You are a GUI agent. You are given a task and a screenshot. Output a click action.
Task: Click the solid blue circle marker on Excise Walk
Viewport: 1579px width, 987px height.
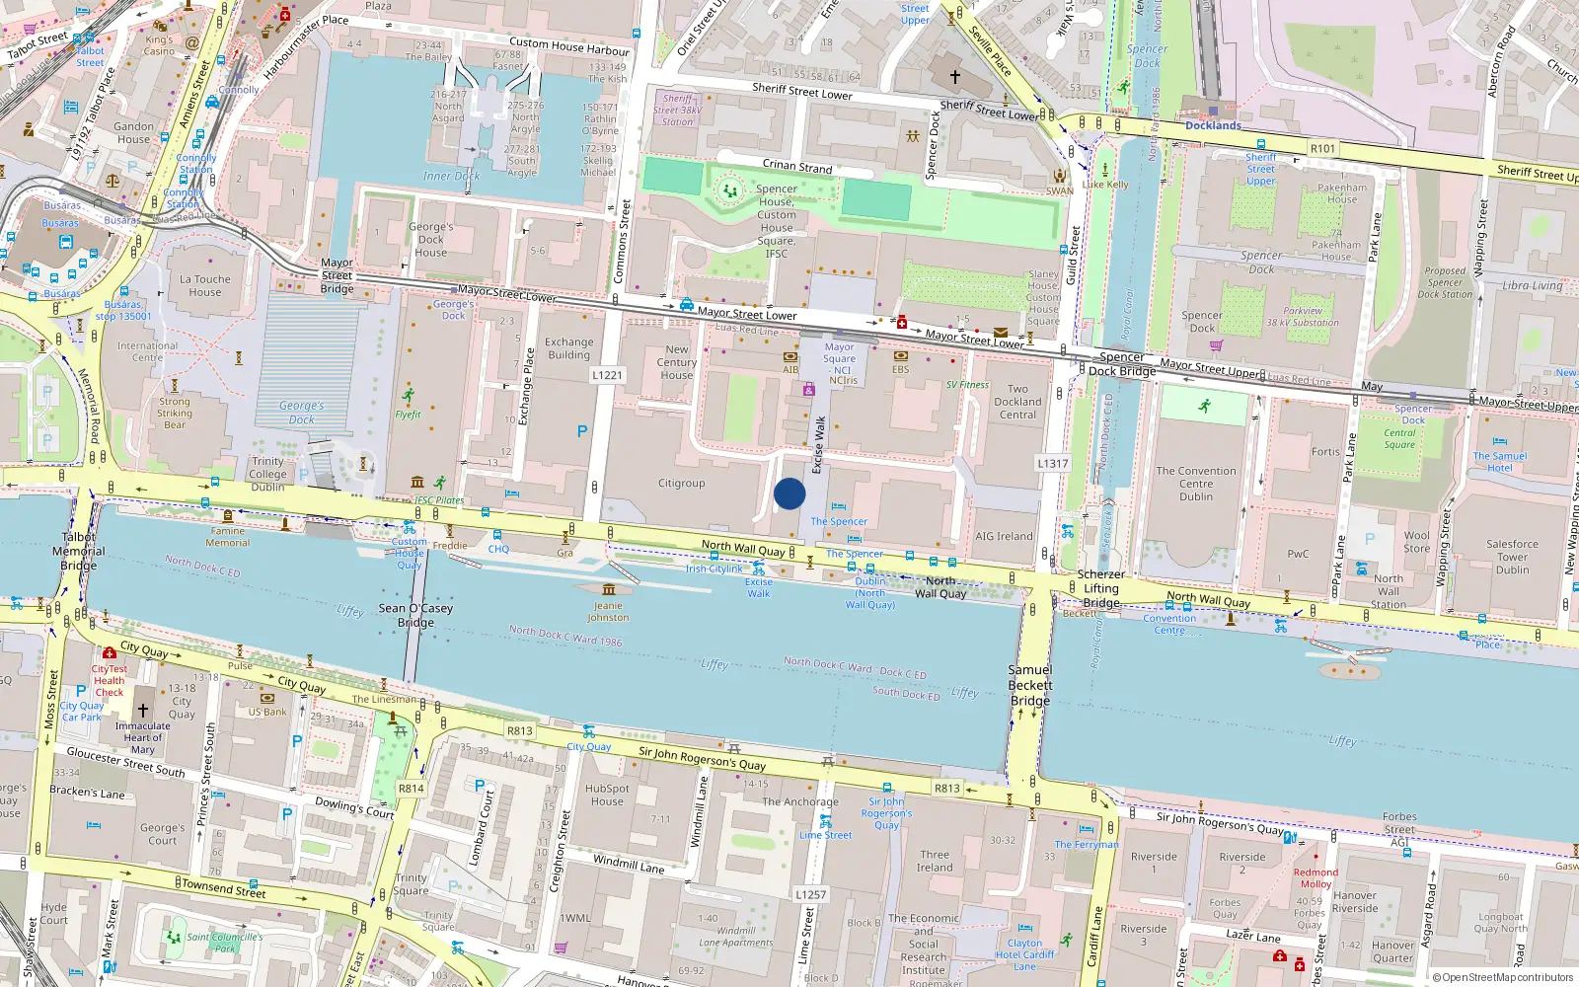789,493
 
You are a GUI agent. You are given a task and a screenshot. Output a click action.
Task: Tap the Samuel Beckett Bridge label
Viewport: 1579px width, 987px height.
1030,685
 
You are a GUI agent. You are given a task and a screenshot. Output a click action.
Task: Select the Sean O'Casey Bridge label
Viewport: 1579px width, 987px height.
415,615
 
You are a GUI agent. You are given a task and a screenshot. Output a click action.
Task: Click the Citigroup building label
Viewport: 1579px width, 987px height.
682,484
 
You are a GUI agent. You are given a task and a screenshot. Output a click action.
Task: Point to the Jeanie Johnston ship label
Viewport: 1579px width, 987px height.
608,611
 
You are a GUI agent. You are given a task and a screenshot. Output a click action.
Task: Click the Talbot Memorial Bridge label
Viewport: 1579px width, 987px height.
78,552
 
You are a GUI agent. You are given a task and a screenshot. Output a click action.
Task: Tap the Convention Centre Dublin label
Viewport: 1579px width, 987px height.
1196,484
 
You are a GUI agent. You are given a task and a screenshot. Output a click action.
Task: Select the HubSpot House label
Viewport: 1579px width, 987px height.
607,795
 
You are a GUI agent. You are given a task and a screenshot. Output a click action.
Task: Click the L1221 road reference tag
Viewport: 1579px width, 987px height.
608,375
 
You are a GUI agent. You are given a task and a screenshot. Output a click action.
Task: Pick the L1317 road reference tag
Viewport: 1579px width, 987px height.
1053,463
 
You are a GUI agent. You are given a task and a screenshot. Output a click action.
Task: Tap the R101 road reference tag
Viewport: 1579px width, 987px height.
1322,149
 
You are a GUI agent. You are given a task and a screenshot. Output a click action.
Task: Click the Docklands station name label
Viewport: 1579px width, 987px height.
1213,125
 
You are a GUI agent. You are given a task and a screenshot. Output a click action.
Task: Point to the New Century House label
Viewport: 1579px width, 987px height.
677,362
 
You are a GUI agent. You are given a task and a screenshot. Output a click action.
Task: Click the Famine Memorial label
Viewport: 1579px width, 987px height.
228,537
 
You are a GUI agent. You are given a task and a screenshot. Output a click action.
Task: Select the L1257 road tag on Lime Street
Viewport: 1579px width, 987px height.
811,894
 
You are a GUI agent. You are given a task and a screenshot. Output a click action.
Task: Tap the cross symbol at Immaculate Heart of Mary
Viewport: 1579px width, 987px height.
143,710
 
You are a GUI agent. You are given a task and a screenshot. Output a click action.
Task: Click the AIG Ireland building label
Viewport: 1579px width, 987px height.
1004,537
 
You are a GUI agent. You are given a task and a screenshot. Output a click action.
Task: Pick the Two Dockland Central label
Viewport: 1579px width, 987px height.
1017,402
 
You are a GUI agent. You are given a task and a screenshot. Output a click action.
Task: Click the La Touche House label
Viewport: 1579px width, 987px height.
205,285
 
